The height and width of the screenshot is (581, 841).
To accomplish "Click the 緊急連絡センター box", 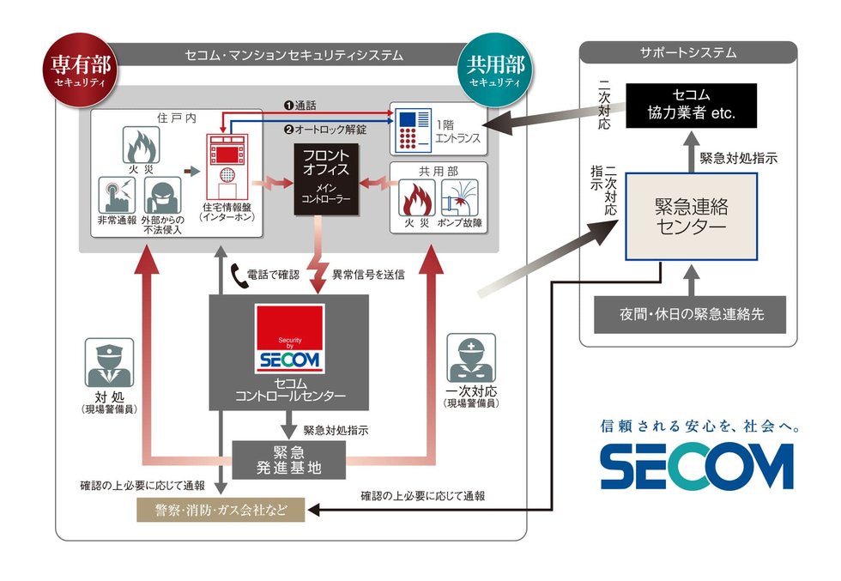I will [691, 216].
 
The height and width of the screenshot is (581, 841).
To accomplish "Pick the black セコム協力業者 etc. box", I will [691, 106].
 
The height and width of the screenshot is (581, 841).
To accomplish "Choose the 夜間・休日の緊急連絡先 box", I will [691, 314].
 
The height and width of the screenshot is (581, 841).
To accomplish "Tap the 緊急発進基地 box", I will [288, 459].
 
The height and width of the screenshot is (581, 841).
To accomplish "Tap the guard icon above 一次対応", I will [471, 361].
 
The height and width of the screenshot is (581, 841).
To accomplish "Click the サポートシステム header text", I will [687, 53].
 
